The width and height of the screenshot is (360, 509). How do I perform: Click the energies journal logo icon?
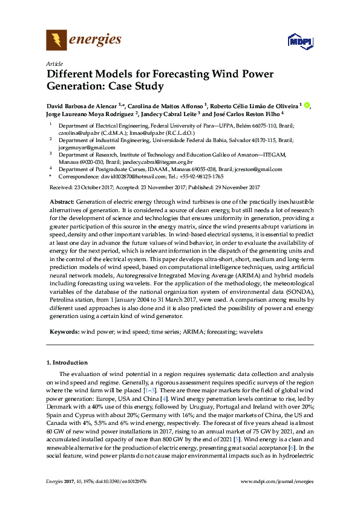[x=57, y=41]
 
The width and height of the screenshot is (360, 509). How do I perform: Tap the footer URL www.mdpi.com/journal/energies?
[x=277, y=498]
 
